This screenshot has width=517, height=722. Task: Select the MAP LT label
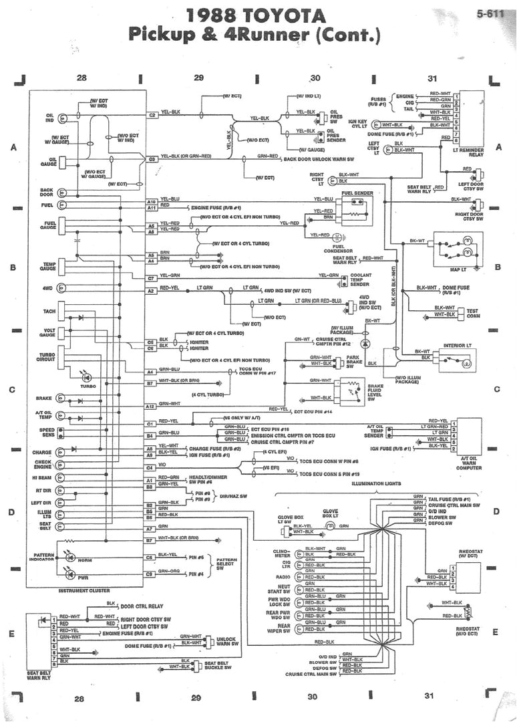coord(457,270)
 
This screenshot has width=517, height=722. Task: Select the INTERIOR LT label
coord(459,346)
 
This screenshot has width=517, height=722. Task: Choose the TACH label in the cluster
coord(48,312)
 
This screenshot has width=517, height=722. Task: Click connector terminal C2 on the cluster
coord(152,115)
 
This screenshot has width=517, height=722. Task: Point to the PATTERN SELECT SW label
coord(226,565)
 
